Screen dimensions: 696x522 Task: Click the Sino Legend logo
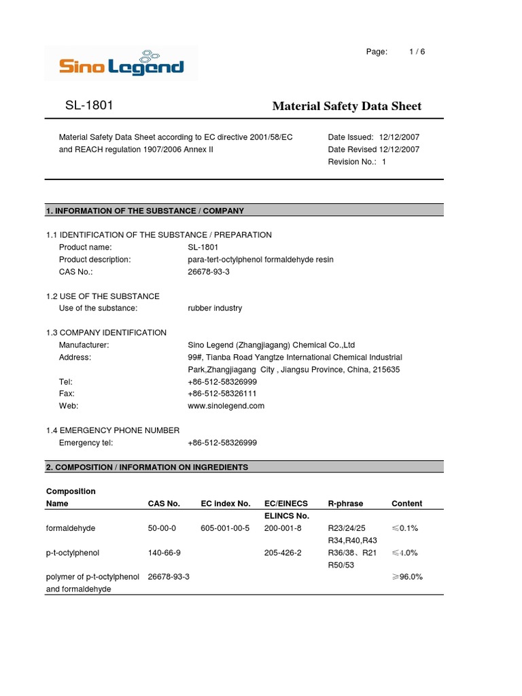point(121,63)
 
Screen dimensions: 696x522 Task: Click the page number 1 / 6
point(417,52)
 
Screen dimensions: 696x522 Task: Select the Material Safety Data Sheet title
point(347,106)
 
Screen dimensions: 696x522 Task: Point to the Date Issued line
point(373,137)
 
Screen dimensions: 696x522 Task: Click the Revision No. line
point(356,162)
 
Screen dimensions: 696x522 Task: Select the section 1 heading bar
point(244,211)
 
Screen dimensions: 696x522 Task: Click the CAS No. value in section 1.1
point(209,272)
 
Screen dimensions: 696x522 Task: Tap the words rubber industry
point(214,308)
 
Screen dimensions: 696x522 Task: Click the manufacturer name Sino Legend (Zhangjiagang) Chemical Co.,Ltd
point(271,345)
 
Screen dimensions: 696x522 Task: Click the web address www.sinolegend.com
point(226,406)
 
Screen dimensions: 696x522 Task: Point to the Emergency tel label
point(86,442)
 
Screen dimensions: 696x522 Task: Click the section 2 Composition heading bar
point(244,467)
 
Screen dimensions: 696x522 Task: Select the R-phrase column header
point(345,504)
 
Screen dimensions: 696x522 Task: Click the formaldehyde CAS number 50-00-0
point(162,528)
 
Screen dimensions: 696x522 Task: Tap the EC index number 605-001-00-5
point(225,528)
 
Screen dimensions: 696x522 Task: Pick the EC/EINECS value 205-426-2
point(283,553)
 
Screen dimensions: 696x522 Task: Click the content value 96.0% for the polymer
point(407,577)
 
